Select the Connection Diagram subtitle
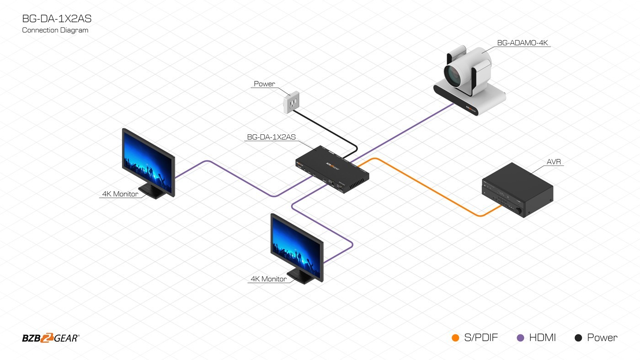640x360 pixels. pyautogui.click(x=55, y=30)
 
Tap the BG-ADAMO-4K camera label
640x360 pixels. pyautogui.click(x=525, y=43)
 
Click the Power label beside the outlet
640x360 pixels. pyautogui.click(x=265, y=84)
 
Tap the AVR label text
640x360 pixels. pyautogui.click(x=554, y=162)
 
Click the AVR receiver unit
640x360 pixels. pyautogui.click(x=518, y=190)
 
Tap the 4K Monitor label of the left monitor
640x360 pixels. pyautogui.click(x=120, y=194)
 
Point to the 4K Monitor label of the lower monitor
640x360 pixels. pyautogui.click(x=269, y=279)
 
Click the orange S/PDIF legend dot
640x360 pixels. pyautogui.click(x=455, y=338)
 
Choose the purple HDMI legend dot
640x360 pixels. pyautogui.click(x=520, y=338)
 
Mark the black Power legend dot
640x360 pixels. pyautogui.click(x=578, y=338)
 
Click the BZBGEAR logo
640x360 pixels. pyautogui.click(x=51, y=338)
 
